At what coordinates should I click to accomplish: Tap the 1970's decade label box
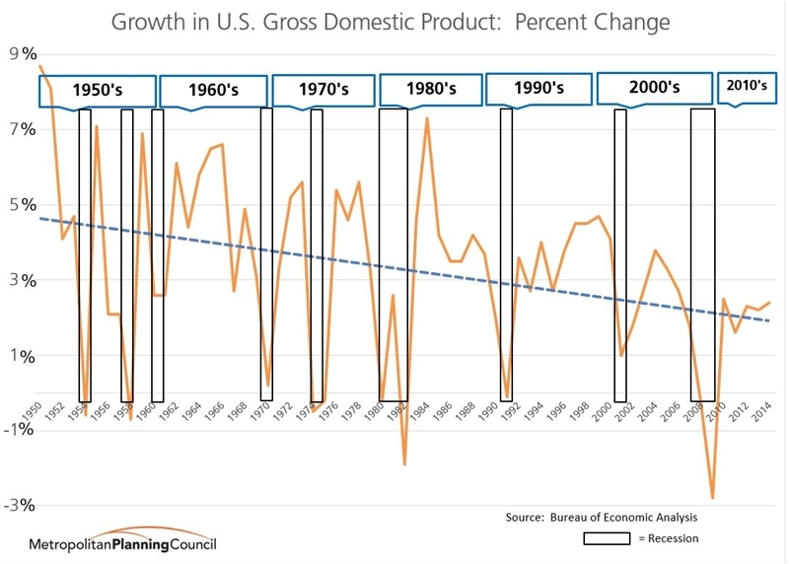point(324,90)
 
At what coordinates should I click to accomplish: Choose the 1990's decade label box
point(538,89)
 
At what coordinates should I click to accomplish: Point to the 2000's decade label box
point(655,88)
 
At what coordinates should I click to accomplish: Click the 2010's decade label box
point(746,87)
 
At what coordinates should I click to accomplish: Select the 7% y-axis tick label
point(22,130)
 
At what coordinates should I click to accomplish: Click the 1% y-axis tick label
point(22,356)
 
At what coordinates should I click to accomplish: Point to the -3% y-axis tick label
point(22,506)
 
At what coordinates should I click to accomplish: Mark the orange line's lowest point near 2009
point(712,498)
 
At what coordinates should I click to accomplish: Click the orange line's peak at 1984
point(427,118)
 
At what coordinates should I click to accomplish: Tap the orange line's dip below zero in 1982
point(404,464)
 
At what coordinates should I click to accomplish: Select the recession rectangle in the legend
point(607,538)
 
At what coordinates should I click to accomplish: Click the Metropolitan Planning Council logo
point(123,543)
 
